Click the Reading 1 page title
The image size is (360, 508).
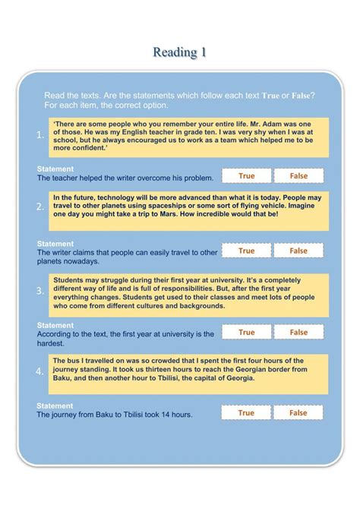(179, 52)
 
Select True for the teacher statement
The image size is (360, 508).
(246, 175)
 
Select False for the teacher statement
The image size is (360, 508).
(298, 175)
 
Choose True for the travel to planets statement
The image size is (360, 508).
(246, 251)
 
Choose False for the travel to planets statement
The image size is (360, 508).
(298, 251)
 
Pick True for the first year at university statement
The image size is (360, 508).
(246, 332)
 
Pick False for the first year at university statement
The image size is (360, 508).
(298, 332)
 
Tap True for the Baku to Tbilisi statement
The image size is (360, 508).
(246, 412)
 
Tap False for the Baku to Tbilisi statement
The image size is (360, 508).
(298, 412)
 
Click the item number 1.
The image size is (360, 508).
(39, 135)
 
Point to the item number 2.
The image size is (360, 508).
(39, 207)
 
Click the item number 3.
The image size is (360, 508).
(39, 291)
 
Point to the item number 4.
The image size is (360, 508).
(39, 371)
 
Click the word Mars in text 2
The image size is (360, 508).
(202, 214)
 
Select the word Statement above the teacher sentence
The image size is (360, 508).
(55, 169)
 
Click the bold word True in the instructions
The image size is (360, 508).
(271, 95)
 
